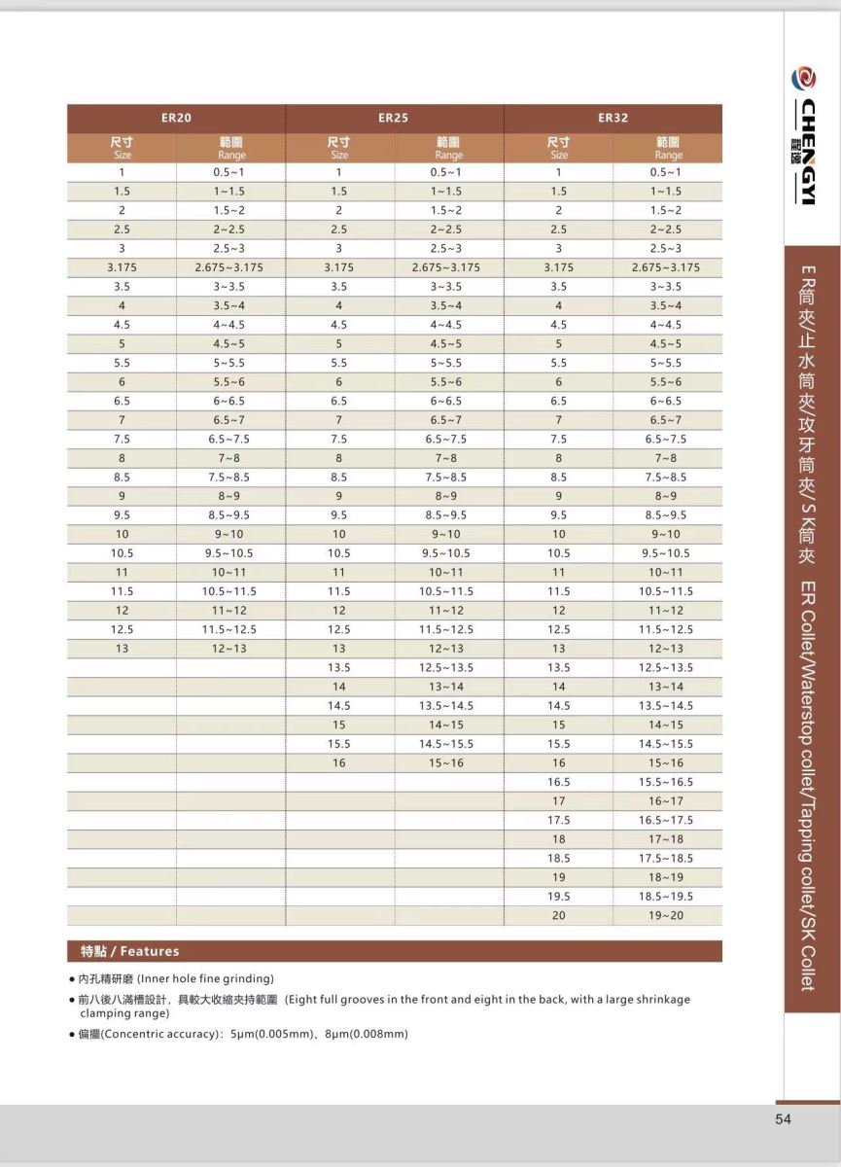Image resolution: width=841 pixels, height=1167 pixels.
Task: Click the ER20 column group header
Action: point(176,118)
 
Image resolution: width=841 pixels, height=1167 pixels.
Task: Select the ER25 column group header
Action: point(393,118)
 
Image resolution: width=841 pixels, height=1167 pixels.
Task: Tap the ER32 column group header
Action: point(613,118)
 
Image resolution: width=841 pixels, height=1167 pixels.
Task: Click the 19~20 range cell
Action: point(667,916)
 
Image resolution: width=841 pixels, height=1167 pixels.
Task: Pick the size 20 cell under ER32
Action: point(559,916)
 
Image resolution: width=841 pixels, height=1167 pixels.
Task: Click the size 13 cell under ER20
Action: point(123,649)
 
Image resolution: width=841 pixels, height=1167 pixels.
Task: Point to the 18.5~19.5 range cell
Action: point(667,897)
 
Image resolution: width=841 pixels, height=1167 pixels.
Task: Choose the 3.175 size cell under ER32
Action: point(559,267)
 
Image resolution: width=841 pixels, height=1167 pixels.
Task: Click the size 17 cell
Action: point(559,801)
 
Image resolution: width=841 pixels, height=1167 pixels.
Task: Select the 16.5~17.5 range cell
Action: point(667,821)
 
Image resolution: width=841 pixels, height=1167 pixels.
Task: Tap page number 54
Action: point(784,1119)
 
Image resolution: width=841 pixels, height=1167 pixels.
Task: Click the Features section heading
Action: point(129,951)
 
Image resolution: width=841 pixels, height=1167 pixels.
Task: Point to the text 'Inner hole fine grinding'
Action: point(205,978)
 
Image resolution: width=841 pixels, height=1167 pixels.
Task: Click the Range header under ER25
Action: point(448,148)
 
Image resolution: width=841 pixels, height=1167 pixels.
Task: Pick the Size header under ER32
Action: point(559,148)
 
